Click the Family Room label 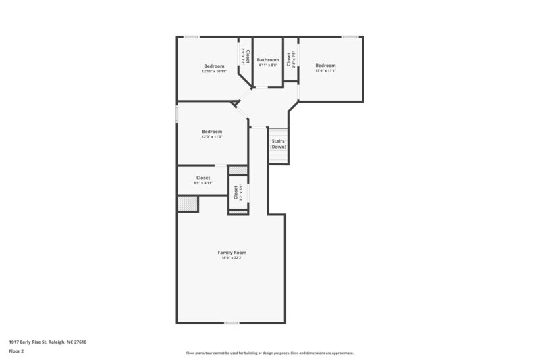click(x=232, y=252)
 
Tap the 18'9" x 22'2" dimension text click(x=232, y=257)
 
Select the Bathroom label click(x=268, y=60)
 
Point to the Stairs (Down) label click(x=278, y=144)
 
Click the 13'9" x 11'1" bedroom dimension click(x=325, y=70)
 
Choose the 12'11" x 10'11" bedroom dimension click(x=214, y=71)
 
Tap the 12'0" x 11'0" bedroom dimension click(x=212, y=136)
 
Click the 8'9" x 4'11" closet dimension click(x=202, y=182)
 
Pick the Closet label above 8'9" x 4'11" click(x=202, y=178)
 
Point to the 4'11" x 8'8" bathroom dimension click(x=268, y=66)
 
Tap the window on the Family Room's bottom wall click(x=232, y=322)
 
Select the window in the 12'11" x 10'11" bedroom click(x=192, y=36)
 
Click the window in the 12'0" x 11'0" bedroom click(x=177, y=113)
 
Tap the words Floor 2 click(x=16, y=351)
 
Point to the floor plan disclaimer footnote click(x=269, y=353)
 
